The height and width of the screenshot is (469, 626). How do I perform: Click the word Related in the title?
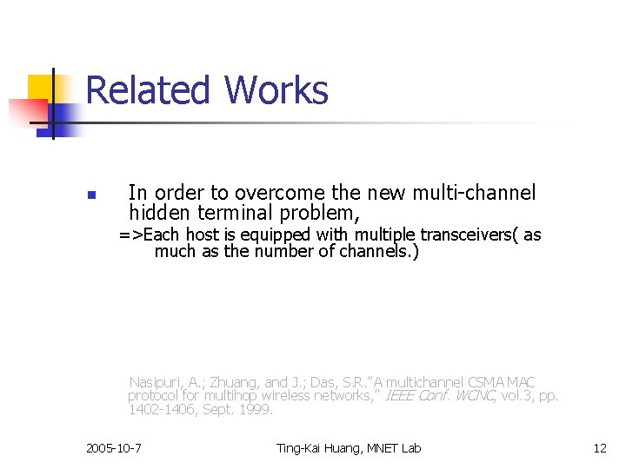148,90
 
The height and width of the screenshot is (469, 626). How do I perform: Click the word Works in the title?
276,90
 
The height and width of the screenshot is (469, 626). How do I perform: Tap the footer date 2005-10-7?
115,448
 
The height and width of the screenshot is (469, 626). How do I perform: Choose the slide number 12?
600,448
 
